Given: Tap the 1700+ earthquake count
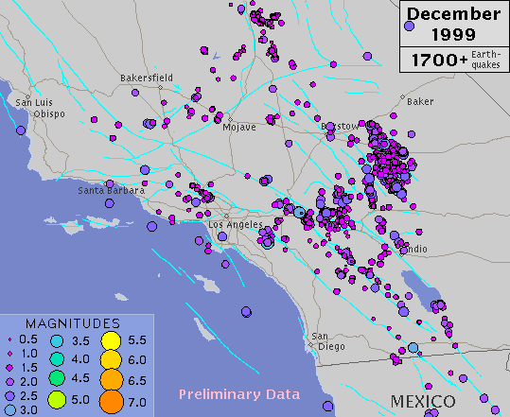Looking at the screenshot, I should (x=432, y=61).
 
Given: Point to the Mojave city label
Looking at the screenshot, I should (x=239, y=129).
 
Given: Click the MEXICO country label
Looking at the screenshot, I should (x=422, y=402).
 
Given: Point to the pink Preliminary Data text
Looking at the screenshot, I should (x=239, y=394).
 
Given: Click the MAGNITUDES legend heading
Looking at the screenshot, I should (x=72, y=322).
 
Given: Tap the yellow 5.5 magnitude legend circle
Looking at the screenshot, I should (x=110, y=340).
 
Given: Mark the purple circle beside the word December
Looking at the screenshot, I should (x=410, y=27).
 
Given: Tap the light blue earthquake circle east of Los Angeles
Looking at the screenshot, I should (x=300, y=213).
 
